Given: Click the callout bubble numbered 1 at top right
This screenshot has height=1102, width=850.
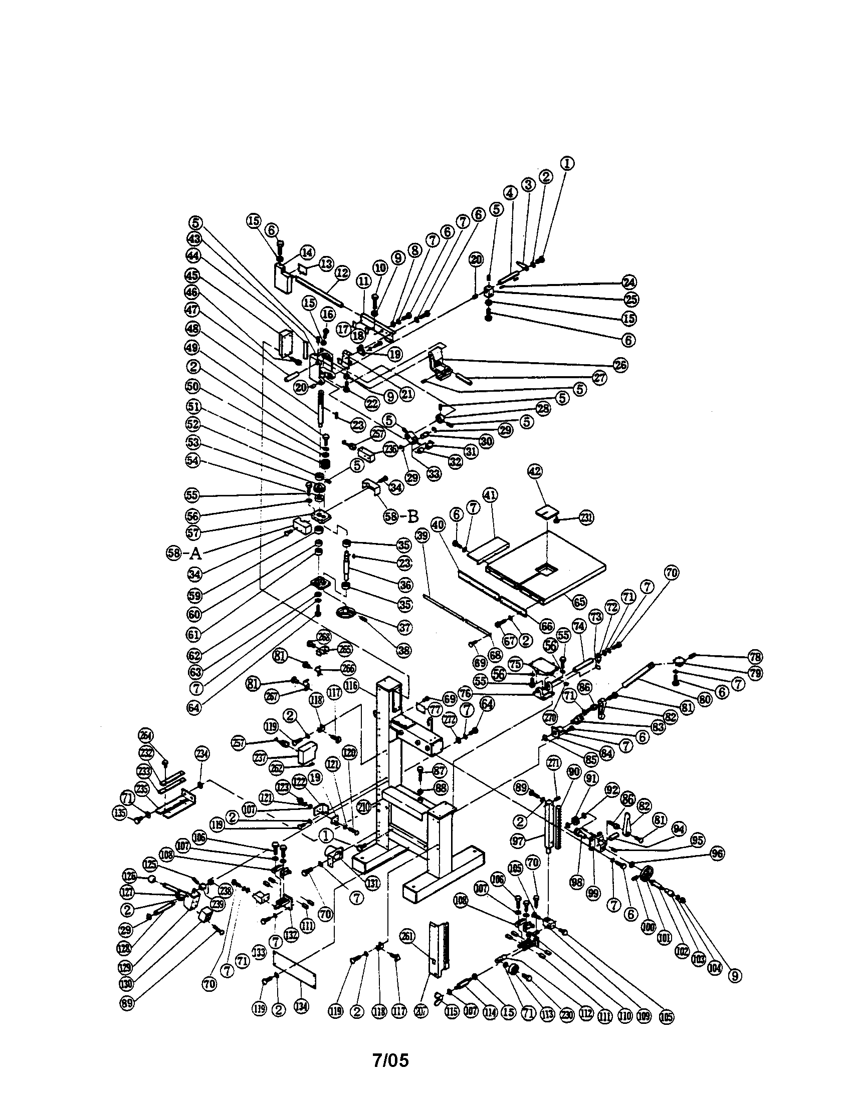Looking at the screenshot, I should (x=568, y=163).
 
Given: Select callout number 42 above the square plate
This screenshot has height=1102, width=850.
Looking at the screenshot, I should (x=534, y=472).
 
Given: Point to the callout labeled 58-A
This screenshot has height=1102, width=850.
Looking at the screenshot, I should (x=184, y=554).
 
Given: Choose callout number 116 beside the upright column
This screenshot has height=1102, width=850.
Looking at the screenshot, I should (x=351, y=685).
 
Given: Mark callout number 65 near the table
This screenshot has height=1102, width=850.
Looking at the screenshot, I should (x=580, y=602).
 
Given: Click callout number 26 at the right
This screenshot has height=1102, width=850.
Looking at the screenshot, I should (x=620, y=365).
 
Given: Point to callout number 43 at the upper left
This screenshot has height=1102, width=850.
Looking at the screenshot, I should (x=194, y=238).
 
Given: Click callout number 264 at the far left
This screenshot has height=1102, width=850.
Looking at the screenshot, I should (x=147, y=735).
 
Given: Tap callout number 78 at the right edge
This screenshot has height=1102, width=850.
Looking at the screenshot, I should (x=756, y=657).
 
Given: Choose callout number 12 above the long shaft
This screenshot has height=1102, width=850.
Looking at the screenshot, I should (x=342, y=273).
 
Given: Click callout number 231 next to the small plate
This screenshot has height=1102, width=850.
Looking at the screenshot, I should (x=586, y=517).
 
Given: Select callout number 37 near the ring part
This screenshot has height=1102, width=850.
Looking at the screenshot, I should (x=404, y=627).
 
